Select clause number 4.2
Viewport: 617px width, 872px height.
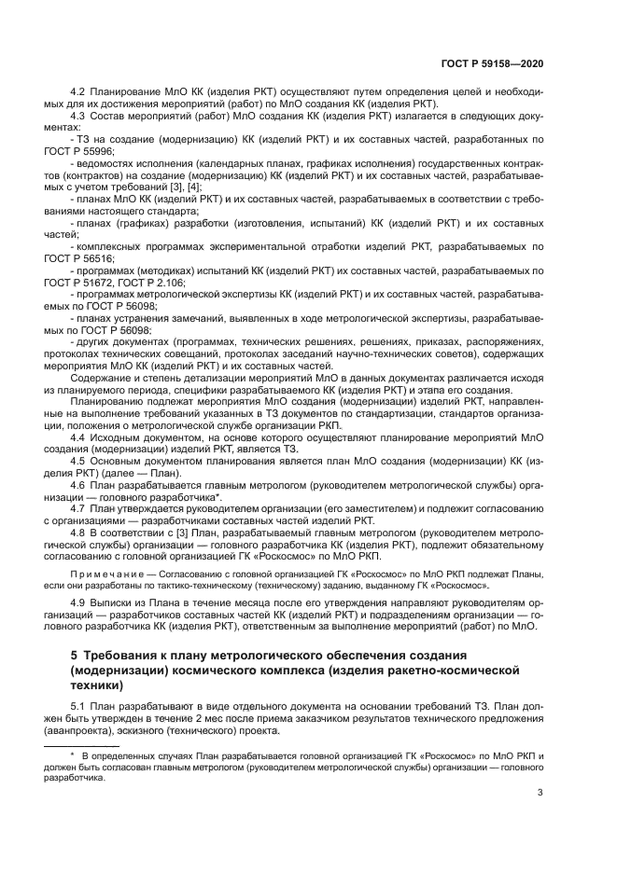[x=78, y=95]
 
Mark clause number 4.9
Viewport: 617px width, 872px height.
[x=78, y=603]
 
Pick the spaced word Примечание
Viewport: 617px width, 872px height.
[x=106, y=571]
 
